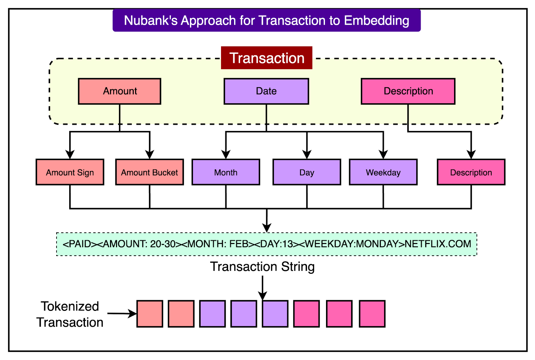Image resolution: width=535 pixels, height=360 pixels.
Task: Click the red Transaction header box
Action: (x=266, y=58)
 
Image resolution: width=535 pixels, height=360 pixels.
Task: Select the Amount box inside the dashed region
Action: (x=119, y=91)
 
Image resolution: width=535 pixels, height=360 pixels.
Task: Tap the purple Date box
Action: (x=266, y=91)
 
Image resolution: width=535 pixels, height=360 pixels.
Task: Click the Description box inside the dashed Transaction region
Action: (x=408, y=91)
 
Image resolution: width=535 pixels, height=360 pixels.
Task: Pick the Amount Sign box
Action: (x=70, y=172)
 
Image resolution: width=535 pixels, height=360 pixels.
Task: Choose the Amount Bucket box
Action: (x=149, y=172)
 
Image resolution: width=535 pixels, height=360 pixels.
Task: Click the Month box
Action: (x=226, y=172)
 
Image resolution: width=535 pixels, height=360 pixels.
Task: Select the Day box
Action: (x=307, y=172)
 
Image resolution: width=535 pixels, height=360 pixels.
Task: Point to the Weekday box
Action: (x=383, y=172)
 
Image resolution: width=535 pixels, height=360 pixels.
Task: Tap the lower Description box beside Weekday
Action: (x=471, y=172)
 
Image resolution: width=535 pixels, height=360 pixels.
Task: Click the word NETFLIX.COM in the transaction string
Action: (x=438, y=244)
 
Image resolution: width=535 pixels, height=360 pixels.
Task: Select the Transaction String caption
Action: (x=262, y=267)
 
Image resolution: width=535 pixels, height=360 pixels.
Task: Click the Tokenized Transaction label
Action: (x=70, y=314)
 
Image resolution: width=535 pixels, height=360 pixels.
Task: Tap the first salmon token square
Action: (x=150, y=314)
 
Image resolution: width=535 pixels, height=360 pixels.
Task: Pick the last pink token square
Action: (x=372, y=314)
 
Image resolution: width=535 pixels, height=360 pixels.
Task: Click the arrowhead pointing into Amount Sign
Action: (x=70, y=154)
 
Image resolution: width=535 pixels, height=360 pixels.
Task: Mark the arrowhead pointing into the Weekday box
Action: (x=383, y=154)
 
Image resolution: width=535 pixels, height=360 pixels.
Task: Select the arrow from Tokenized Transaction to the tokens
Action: (x=122, y=314)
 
